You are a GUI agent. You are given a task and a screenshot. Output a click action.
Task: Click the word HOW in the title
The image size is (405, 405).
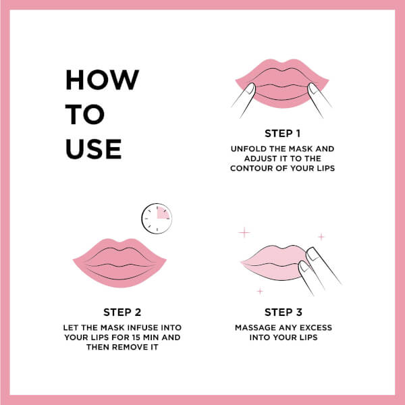(103, 80)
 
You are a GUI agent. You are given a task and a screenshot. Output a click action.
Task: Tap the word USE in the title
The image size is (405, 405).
(93, 148)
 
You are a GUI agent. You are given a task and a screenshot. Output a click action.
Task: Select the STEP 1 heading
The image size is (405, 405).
(283, 134)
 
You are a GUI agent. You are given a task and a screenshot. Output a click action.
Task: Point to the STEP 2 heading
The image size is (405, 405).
(122, 313)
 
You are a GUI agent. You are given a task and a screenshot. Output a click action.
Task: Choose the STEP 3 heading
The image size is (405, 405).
(283, 313)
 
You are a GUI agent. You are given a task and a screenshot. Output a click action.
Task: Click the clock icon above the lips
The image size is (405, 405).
(157, 219)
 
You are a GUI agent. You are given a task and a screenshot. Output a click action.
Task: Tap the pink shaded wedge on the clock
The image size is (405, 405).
(163, 213)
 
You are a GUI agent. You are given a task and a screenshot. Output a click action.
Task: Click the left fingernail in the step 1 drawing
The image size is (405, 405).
(250, 88)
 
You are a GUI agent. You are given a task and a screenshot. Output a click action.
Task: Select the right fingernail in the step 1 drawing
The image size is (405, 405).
(313, 89)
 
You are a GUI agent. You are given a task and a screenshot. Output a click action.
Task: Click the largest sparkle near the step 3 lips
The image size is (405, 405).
(244, 232)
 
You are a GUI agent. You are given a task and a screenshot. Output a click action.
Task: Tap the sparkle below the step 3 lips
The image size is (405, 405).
(260, 292)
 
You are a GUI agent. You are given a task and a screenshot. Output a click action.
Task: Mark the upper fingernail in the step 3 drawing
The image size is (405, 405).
(313, 254)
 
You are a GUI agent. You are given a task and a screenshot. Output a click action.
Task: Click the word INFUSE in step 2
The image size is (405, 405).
(143, 327)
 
